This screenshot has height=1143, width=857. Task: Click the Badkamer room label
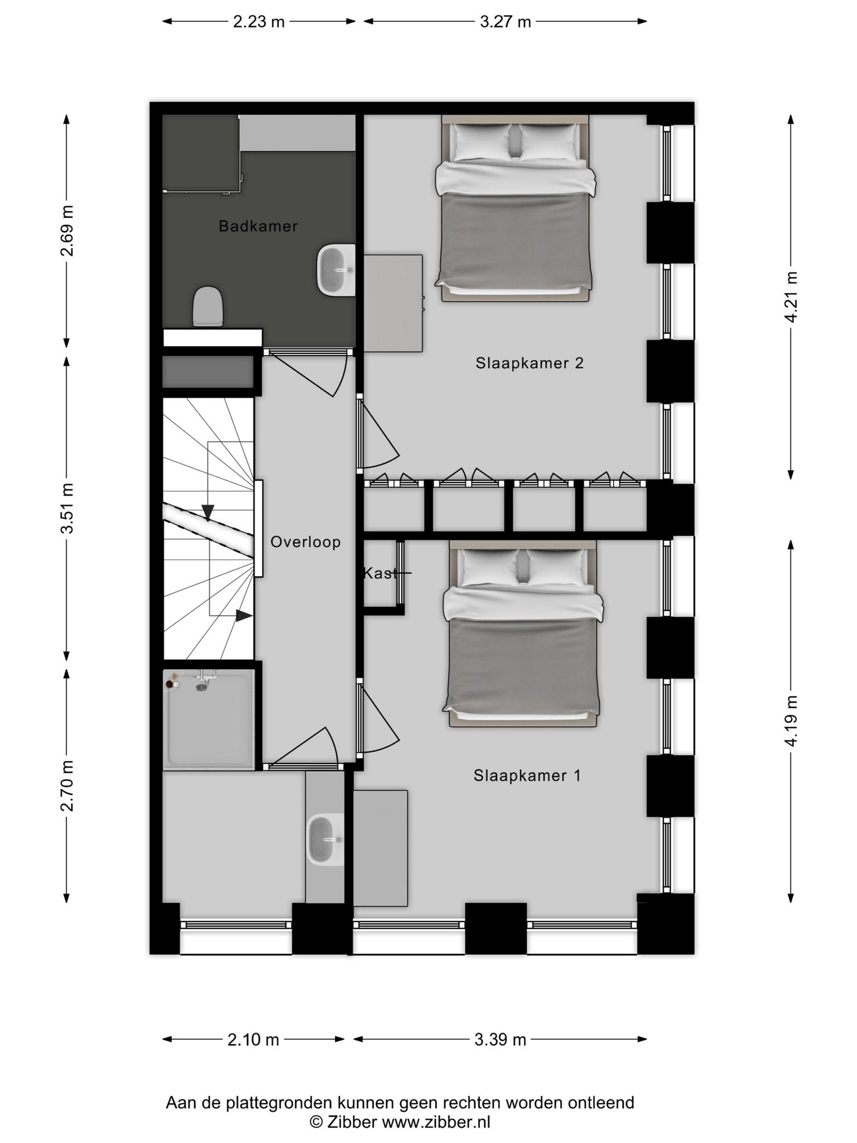pyautogui.click(x=258, y=226)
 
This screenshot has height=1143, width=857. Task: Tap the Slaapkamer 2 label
pyautogui.click(x=529, y=363)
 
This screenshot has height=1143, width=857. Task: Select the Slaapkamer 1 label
pyautogui.click(x=527, y=775)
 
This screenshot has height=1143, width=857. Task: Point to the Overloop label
pyautogui.click(x=305, y=542)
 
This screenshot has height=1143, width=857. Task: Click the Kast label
pyautogui.click(x=381, y=573)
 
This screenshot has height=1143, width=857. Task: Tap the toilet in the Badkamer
pyautogui.click(x=208, y=306)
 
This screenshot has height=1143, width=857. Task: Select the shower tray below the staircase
pyautogui.click(x=209, y=720)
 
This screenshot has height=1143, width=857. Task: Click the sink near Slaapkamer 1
pyautogui.click(x=326, y=840)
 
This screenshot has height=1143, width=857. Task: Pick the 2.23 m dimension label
pyautogui.click(x=259, y=22)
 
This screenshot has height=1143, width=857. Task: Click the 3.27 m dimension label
pyautogui.click(x=505, y=22)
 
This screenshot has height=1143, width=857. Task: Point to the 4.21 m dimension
pyautogui.click(x=791, y=296)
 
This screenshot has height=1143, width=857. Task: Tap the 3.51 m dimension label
pyautogui.click(x=67, y=508)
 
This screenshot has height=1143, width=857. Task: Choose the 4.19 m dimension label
pyautogui.click(x=791, y=721)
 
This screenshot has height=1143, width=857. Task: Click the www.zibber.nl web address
pyautogui.click(x=436, y=1122)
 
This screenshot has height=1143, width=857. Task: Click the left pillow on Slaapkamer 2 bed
pyautogui.click(x=482, y=142)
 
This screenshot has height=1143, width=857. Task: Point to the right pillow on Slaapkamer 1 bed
pyautogui.click(x=555, y=568)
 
